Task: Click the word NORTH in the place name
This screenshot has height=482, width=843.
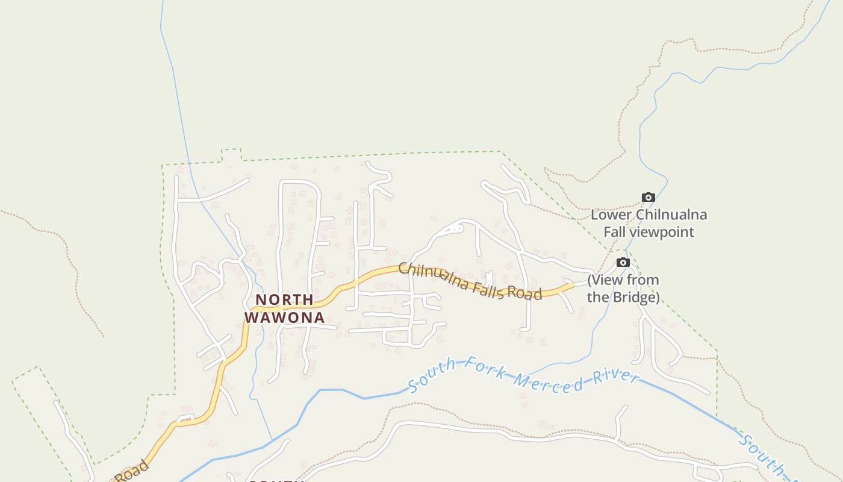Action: pyautogui.click(x=284, y=300)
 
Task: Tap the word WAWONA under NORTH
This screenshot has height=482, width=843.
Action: pyautogui.click(x=284, y=318)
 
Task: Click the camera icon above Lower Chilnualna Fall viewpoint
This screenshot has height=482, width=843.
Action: pyautogui.click(x=649, y=197)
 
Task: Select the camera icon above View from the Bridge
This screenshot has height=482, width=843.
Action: pyautogui.click(x=623, y=262)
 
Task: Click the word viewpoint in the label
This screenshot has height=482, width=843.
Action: pyautogui.click(x=666, y=232)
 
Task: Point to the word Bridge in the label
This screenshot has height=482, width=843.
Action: pyautogui.click(x=637, y=297)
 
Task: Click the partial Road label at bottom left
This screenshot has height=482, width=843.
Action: pyautogui.click(x=132, y=472)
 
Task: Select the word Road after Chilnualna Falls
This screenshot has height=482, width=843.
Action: pyautogui.click(x=524, y=293)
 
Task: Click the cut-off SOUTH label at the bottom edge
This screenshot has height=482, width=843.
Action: pyautogui.click(x=274, y=480)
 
